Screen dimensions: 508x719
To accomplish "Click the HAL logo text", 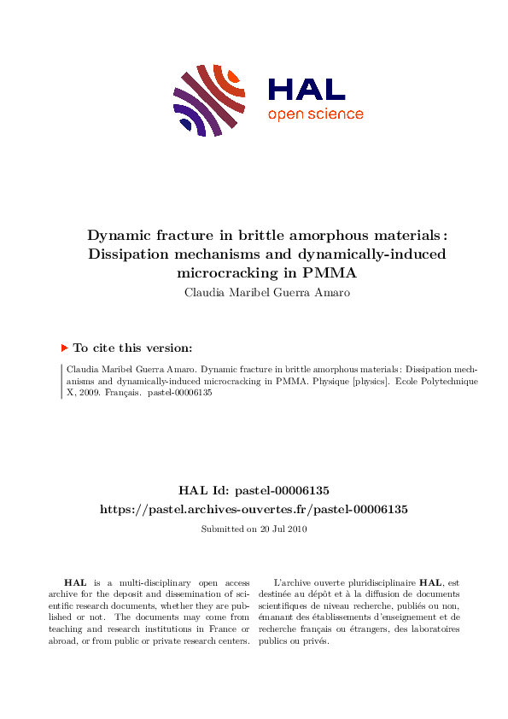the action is [307, 89].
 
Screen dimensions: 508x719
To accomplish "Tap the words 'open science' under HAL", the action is [315, 114].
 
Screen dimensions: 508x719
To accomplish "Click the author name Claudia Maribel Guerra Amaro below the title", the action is [254, 292].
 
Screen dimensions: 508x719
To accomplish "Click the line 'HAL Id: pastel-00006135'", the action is [254, 490].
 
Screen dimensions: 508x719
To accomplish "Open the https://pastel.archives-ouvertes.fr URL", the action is [254, 509].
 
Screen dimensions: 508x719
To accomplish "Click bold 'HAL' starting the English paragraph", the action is [75, 582].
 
